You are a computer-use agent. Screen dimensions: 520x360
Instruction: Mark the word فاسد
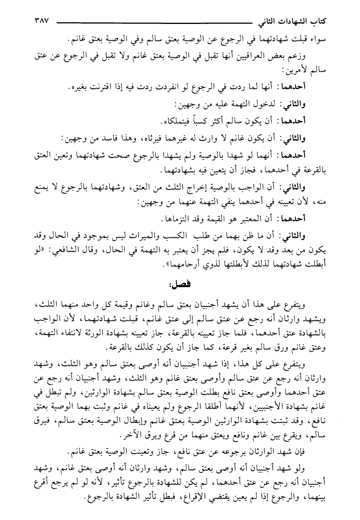click(x=103, y=138)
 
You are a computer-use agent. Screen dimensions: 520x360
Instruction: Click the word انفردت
click(x=179, y=87)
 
